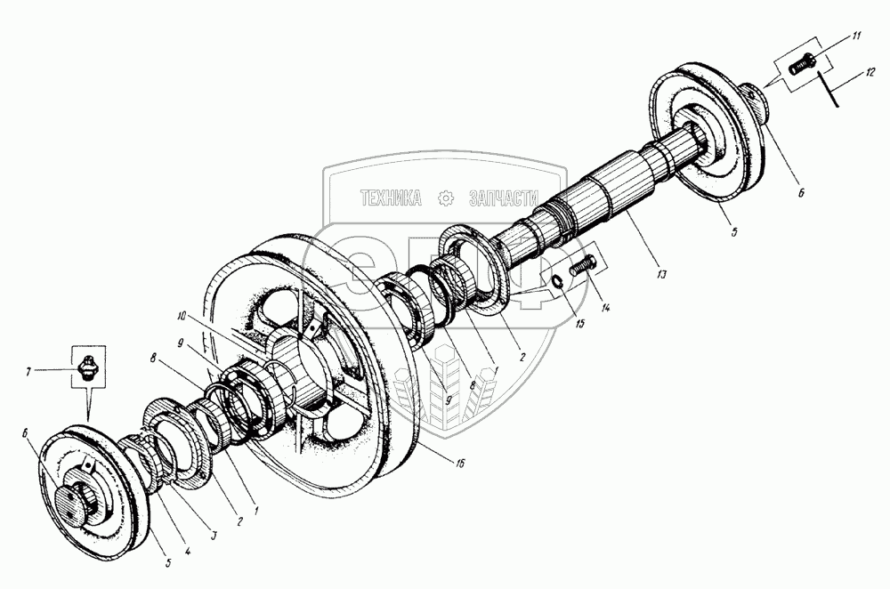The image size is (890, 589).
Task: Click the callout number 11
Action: tap(855, 36)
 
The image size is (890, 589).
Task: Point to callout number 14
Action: tap(605, 308)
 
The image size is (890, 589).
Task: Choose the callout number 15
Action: tap(579, 324)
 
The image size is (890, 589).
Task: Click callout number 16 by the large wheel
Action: tap(459, 464)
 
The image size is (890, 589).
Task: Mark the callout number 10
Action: tap(181, 315)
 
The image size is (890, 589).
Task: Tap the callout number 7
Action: tap(28, 372)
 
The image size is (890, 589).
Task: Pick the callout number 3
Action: tap(214, 534)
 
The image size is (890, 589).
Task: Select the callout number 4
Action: tap(189, 550)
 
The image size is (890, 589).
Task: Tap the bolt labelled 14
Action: tap(581, 265)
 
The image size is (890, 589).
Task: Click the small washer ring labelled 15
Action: tap(557, 280)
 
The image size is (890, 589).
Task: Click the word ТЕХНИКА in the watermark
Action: tap(391, 198)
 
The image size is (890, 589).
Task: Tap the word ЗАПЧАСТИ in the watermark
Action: tap(504, 198)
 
